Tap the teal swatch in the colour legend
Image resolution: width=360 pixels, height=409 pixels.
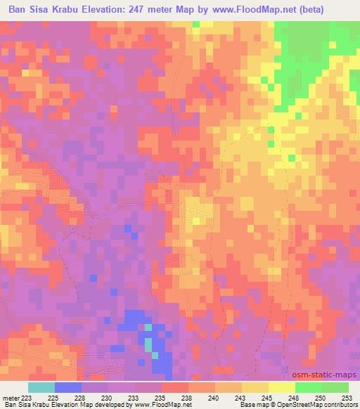click(x=41, y=387)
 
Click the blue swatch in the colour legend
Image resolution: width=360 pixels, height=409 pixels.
click(x=68, y=387)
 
